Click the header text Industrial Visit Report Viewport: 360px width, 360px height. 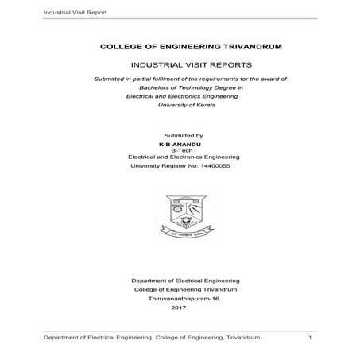pos(54,14)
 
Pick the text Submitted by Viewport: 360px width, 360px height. pos(183,136)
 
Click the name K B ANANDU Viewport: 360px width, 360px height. pos(183,144)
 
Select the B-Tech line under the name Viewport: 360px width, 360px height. pos(183,150)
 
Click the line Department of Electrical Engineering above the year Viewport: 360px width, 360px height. pos(183,281)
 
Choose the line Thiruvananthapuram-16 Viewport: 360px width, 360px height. pos(183,298)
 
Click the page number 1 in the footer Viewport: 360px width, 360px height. pos(309,339)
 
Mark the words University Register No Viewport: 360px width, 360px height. pos(163,166)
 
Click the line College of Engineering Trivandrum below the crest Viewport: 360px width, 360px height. pos(183,289)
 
